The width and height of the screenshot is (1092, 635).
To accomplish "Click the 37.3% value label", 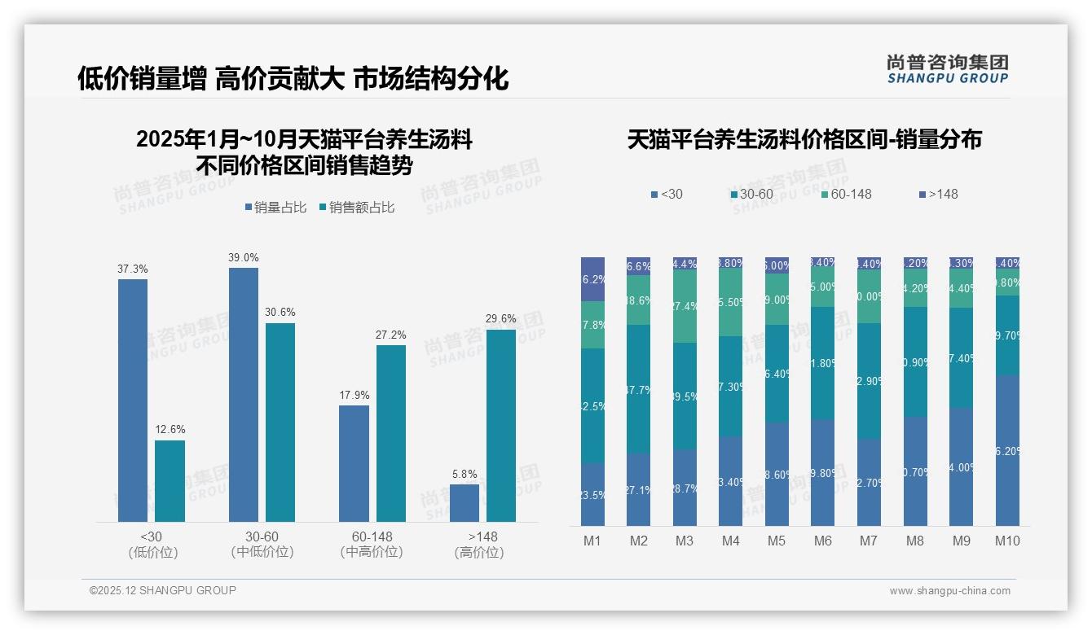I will click(x=133, y=269).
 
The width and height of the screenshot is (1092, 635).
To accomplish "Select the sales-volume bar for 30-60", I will click(x=243, y=395).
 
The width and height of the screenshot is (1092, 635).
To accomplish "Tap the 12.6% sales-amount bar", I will click(x=170, y=481).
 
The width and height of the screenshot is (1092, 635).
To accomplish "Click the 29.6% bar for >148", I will click(x=500, y=426).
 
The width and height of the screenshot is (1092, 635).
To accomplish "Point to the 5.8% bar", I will click(x=465, y=503).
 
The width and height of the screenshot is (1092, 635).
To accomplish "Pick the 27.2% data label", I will click(x=390, y=335).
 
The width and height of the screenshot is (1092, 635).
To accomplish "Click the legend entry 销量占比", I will click(x=275, y=208).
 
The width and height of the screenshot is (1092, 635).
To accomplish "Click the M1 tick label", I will click(x=592, y=541).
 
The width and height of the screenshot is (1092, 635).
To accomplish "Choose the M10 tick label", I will click(x=1007, y=541).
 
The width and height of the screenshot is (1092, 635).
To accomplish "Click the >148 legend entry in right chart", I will click(x=938, y=194).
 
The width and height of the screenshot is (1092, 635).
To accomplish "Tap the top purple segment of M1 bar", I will click(x=592, y=279).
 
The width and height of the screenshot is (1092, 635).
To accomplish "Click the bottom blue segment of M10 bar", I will click(x=1007, y=450).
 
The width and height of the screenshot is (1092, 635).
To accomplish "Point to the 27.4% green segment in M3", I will click(x=685, y=306).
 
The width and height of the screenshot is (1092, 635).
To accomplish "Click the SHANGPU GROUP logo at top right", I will click(x=947, y=69).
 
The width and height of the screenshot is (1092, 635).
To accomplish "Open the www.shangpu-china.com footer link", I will click(x=949, y=591).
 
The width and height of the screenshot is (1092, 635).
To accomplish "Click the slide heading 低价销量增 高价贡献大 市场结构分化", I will click(x=293, y=78).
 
